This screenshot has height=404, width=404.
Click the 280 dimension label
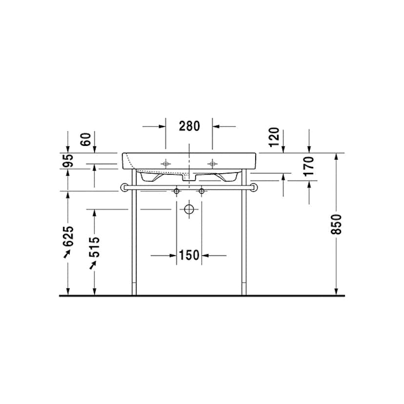(189, 126)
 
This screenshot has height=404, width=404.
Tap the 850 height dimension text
(336, 224)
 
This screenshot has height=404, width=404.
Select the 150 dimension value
(189, 255)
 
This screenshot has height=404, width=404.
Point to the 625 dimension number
(68, 236)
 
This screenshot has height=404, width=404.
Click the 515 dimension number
(95, 247)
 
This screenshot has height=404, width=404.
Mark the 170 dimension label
(309, 166)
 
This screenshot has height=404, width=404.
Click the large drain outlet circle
(189, 210)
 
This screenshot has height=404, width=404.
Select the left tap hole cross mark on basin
(166, 162)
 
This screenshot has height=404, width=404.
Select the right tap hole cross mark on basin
(212, 162)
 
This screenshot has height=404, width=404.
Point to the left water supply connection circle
(177, 191)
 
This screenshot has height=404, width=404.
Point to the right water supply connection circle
(201, 191)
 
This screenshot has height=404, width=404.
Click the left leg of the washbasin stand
(134, 244)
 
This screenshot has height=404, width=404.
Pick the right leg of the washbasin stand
(244, 244)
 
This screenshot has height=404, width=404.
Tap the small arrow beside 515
(93, 264)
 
